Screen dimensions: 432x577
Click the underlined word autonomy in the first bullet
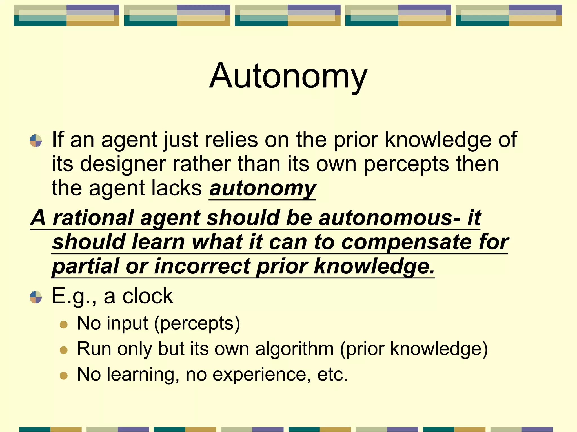point(263,188)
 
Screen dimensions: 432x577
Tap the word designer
point(123,164)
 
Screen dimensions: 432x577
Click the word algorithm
point(294,349)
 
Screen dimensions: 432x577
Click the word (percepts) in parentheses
point(197,323)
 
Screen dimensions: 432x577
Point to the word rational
point(93,218)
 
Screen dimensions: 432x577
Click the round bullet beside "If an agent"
point(36,141)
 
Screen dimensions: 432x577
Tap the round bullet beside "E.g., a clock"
point(36,297)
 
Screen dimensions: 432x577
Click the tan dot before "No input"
point(64,325)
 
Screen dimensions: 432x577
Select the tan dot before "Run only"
point(64,350)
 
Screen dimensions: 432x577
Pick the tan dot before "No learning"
point(64,376)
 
